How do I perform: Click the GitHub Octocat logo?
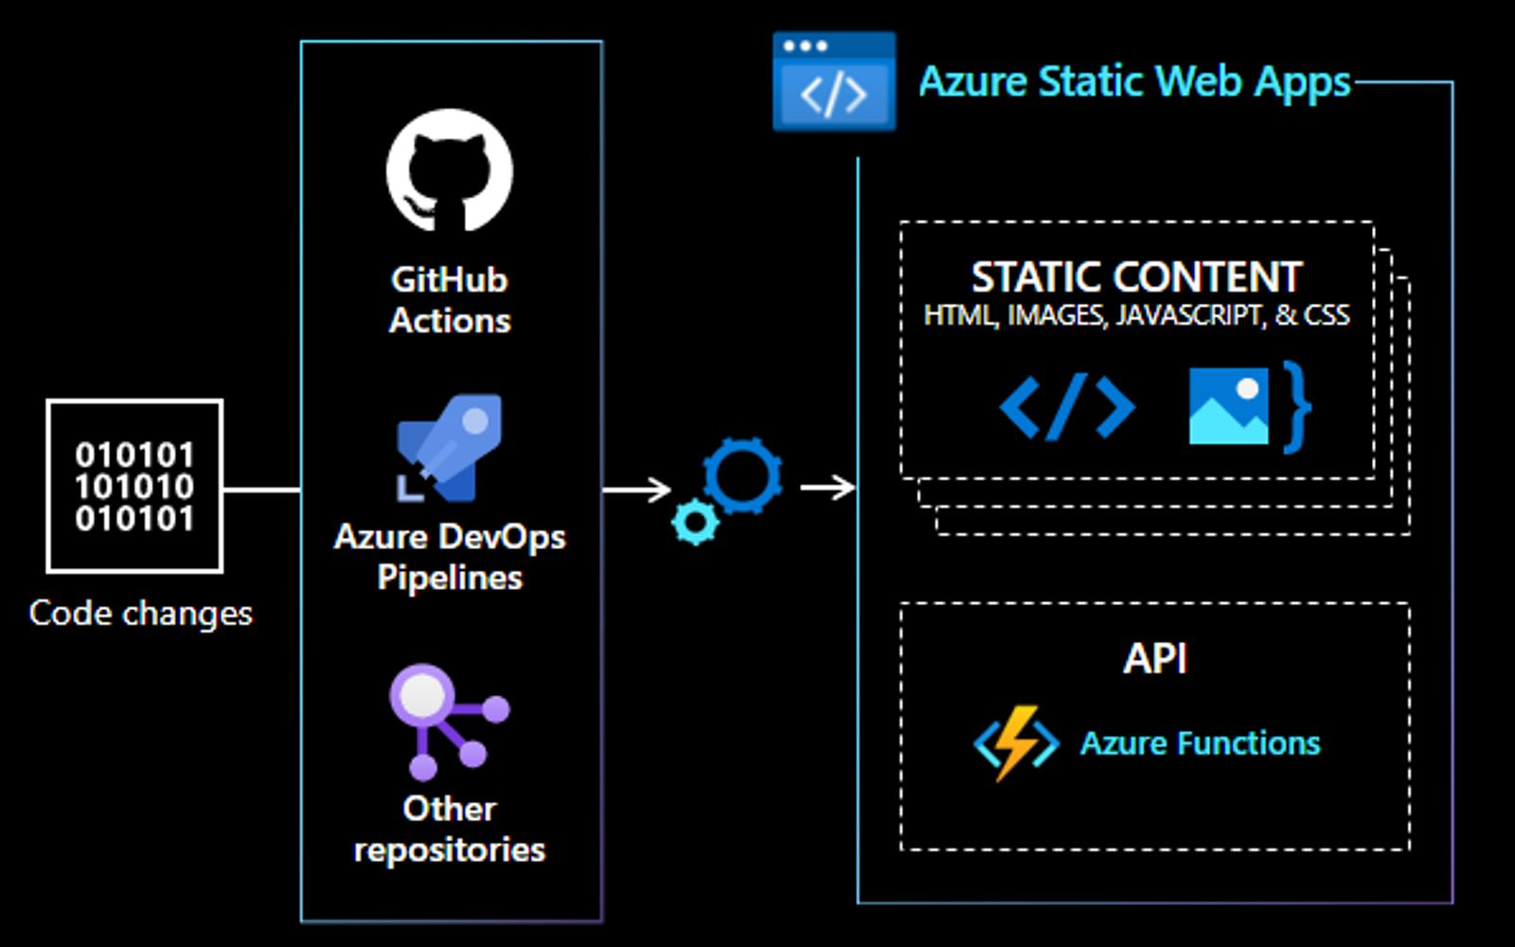pyautogui.click(x=450, y=171)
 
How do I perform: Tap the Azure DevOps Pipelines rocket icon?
pyautogui.click(x=450, y=448)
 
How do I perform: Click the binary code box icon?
pyautogui.click(x=134, y=486)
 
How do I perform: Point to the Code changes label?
pyautogui.click(x=141, y=614)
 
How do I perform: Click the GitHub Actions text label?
pyautogui.click(x=450, y=300)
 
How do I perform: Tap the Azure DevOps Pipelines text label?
pyautogui.click(x=450, y=557)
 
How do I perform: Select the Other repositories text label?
pyautogui.click(x=450, y=830)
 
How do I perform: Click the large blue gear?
pyautogui.click(x=743, y=475)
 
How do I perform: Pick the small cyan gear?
pyautogui.click(x=696, y=521)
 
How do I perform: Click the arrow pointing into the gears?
pyautogui.click(x=637, y=490)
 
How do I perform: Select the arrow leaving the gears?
pyautogui.click(x=828, y=488)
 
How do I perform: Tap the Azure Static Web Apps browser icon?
pyautogui.click(x=833, y=82)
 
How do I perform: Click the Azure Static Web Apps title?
pyautogui.click(x=1134, y=82)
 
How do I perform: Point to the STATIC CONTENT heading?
pyautogui.click(x=1136, y=277)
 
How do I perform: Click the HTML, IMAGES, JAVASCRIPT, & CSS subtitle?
pyautogui.click(x=1136, y=315)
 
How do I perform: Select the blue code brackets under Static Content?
pyautogui.click(x=1067, y=407)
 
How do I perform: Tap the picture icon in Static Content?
pyautogui.click(x=1228, y=406)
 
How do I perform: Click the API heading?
pyautogui.click(x=1155, y=658)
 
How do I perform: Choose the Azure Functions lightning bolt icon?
pyautogui.click(x=1016, y=743)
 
